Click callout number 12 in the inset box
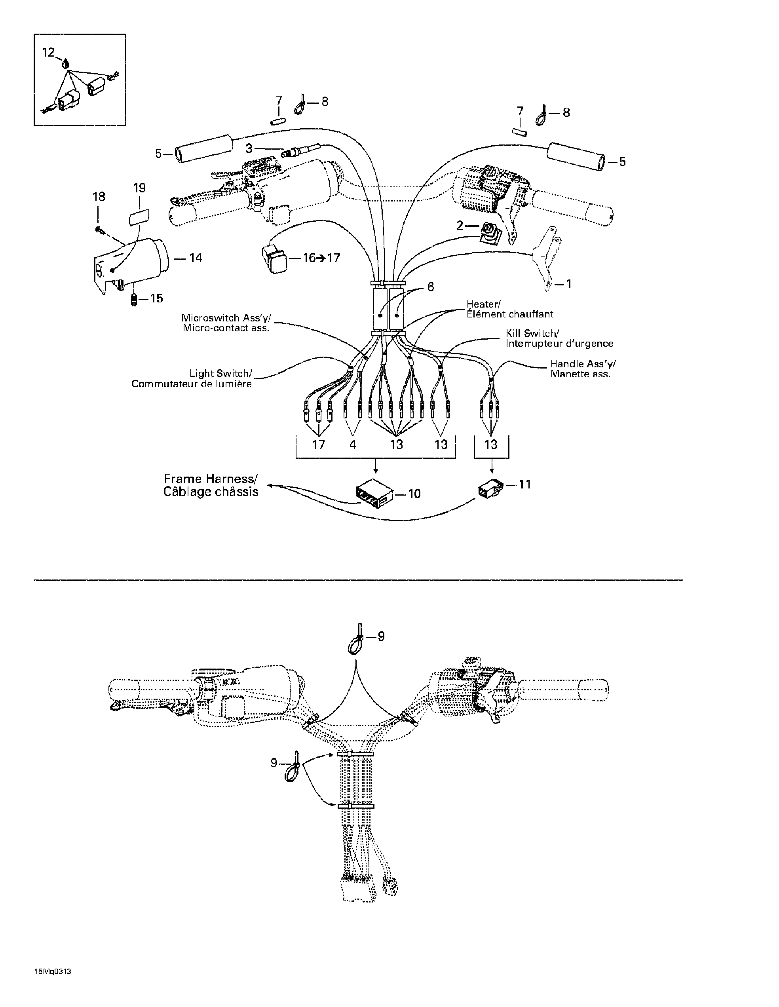coord(48,53)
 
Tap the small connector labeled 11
coord(490,490)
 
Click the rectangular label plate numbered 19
coord(139,216)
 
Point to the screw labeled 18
coord(99,229)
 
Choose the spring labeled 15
coord(134,300)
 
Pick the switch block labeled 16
coord(275,258)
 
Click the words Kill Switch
coord(532,333)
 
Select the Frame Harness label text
coord(211,479)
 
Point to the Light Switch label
coord(220,374)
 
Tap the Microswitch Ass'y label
coord(226,318)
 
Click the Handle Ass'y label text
coord(583,364)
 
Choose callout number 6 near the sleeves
coord(431,287)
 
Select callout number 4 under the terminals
coord(353,445)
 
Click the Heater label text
coord(483,304)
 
